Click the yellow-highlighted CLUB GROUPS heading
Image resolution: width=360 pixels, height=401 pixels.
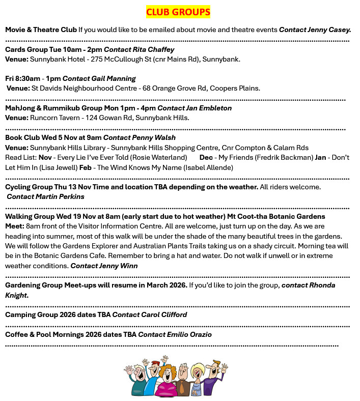point(178,12)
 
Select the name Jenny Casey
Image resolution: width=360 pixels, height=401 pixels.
point(329,30)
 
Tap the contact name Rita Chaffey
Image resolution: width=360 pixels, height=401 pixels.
point(153,50)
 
